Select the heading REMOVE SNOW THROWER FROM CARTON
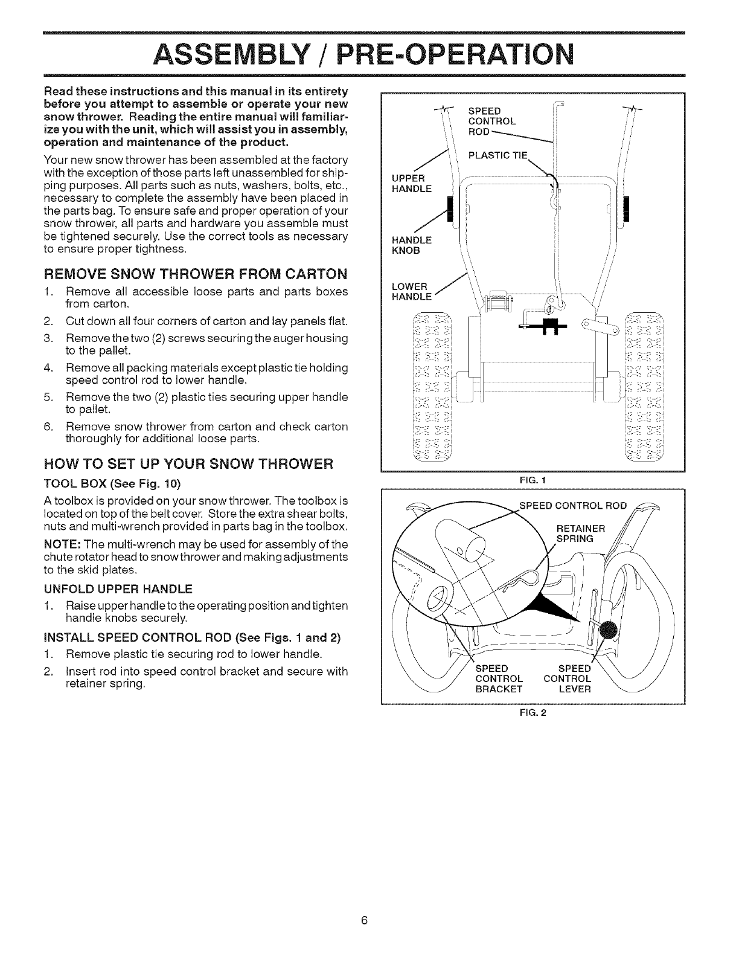click(196, 274)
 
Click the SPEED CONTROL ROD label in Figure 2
click(573, 506)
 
